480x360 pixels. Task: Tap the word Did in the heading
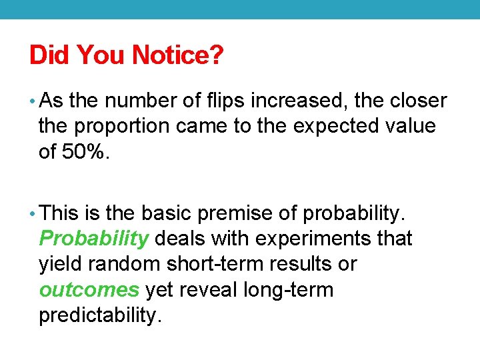point(51,55)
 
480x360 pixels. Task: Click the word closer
point(418,101)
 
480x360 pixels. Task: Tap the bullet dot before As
point(33,101)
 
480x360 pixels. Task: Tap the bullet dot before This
point(33,213)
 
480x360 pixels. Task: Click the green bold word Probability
point(93,238)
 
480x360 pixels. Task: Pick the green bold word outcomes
point(89,289)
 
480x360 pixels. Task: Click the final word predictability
point(100,315)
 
